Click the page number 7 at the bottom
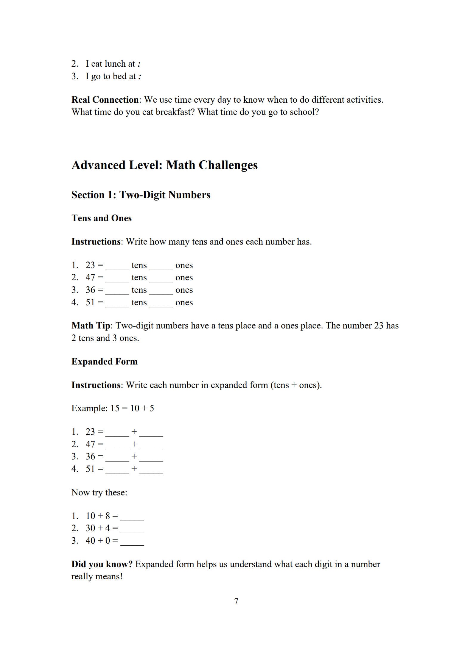point(236,601)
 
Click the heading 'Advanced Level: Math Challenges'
point(164,165)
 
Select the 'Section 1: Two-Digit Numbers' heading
point(141,195)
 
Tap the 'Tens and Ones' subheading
point(101,218)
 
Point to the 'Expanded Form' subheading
point(104,362)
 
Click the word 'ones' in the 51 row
point(184,303)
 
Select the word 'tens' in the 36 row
point(139,290)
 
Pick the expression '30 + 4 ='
point(102,528)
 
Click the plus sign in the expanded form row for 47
point(134,444)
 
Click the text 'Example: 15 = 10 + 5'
point(113,408)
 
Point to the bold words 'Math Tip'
point(91,326)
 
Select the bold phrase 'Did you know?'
point(102,564)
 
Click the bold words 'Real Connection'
point(105,100)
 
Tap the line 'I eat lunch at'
point(110,64)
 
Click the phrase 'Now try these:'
point(99,492)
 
